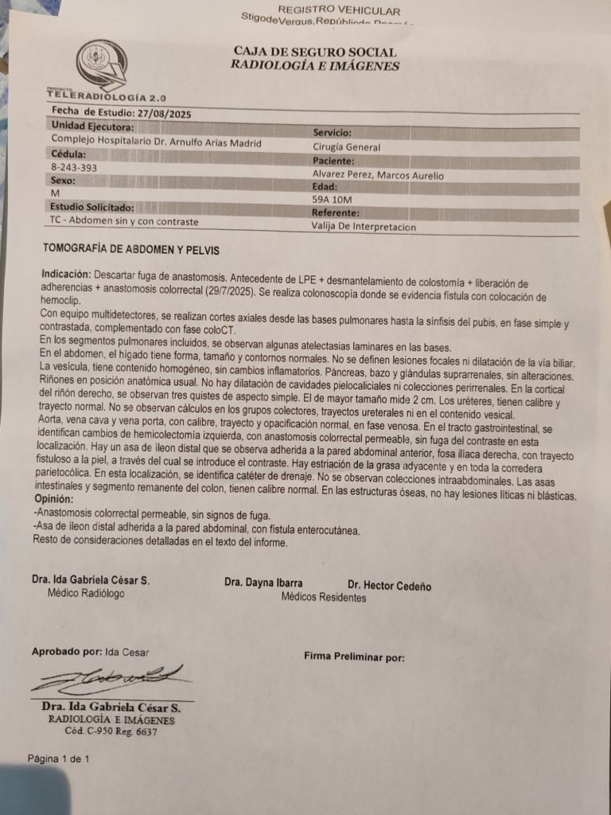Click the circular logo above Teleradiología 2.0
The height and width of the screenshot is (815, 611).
tap(101, 64)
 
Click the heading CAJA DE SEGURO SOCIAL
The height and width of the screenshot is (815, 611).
tap(315, 52)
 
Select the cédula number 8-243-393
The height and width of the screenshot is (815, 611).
tap(74, 168)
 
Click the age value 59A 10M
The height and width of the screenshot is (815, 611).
tap(333, 201)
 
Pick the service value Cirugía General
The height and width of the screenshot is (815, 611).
tap(347, 147)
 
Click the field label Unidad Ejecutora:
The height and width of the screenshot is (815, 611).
tap(92, 127)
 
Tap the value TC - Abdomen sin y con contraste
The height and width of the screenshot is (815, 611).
tap(124, 222)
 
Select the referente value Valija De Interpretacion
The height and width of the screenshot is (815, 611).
tap(364, 227)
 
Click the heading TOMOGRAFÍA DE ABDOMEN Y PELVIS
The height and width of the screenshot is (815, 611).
tap(131, 250)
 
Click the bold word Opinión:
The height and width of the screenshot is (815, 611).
tap(58, 500)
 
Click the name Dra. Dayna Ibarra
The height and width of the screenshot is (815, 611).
tap(263, 583)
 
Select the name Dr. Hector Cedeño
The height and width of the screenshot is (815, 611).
tap(389, 587)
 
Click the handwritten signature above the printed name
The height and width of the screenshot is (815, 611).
tap(111, 679)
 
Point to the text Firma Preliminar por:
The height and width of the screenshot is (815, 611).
tap(354, 657)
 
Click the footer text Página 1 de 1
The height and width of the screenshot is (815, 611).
tap(58, 759)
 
